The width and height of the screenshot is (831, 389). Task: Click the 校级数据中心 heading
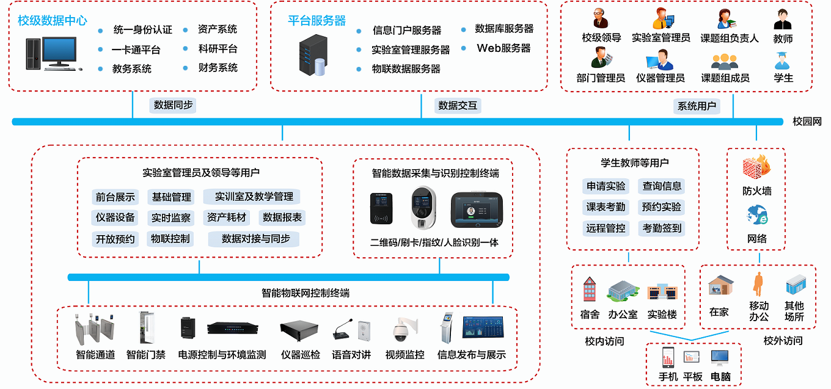coord(53,21)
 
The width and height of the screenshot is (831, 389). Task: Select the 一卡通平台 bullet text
coord(136,49)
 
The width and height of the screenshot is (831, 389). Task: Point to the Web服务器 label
coord(503,48)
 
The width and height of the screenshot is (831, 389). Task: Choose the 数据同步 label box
coord(174,105)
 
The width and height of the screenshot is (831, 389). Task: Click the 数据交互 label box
coord(458,106)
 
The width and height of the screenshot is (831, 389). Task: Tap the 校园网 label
coord(807,122)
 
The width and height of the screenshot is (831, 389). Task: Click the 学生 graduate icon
coord(783,61)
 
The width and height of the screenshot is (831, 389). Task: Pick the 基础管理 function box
coord(172,197)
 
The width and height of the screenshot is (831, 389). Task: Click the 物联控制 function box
coord(170,239)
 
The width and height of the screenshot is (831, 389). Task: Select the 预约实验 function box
coord(661,207)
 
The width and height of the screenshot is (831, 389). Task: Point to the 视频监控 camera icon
coord(405,330)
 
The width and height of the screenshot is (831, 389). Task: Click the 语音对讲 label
coord(351,355)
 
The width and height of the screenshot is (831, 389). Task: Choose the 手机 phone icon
coord(667,357)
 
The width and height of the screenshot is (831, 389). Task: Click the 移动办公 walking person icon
coord(758,285)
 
